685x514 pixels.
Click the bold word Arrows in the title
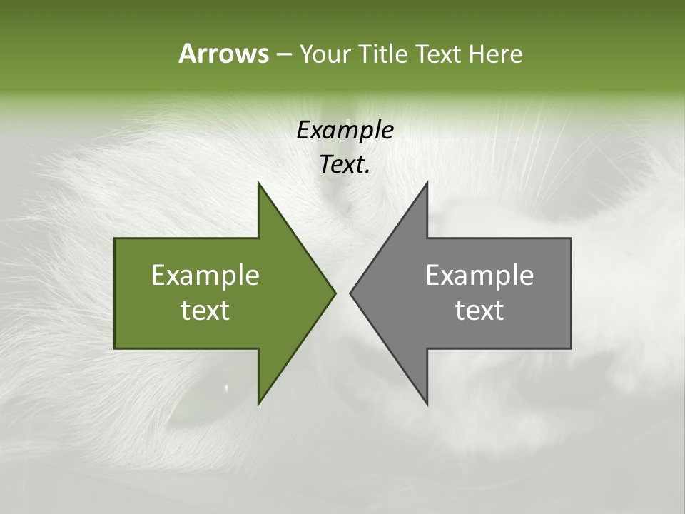223,54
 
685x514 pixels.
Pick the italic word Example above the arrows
345,131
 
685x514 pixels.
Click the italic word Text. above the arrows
345,165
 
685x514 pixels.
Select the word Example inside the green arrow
205,276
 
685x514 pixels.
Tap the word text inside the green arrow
205,311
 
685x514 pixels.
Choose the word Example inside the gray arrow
479,276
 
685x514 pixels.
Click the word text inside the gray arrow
479,311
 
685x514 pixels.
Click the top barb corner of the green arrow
259,183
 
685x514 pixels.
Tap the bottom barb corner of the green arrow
259,403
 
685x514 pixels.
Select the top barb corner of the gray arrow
427,183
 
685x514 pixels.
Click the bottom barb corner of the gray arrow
427,403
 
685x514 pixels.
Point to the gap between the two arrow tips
342,293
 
